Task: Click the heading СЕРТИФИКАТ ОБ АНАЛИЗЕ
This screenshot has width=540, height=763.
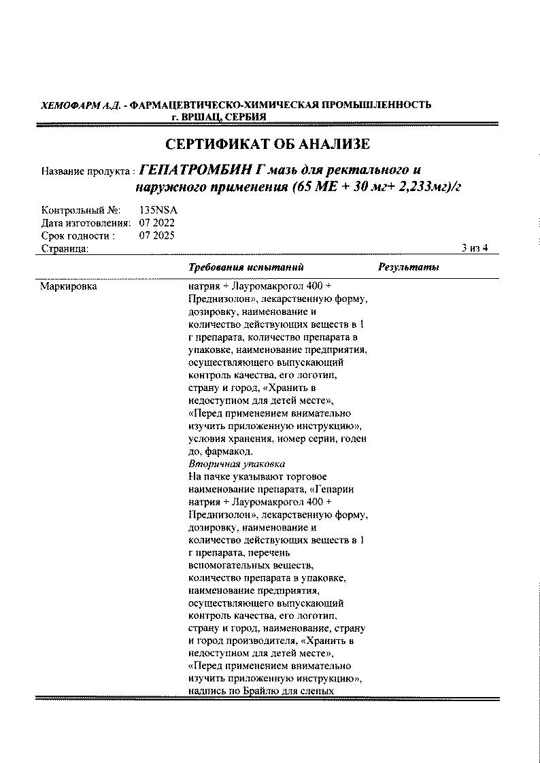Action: pos(268,144)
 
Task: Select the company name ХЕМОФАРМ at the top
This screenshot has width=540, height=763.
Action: pos(67,105)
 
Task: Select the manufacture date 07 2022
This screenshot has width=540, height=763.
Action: pos(156,222)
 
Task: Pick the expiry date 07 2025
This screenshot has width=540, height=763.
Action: pos(156,235)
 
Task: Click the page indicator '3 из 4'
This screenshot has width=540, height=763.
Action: pos(475,248)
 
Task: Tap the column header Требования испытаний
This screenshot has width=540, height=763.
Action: pos(246,267)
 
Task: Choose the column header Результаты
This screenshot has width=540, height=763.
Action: pos(408,267)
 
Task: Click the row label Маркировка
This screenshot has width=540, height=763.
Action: pos(68,286)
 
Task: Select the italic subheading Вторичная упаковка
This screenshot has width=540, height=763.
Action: pos(228,463)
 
